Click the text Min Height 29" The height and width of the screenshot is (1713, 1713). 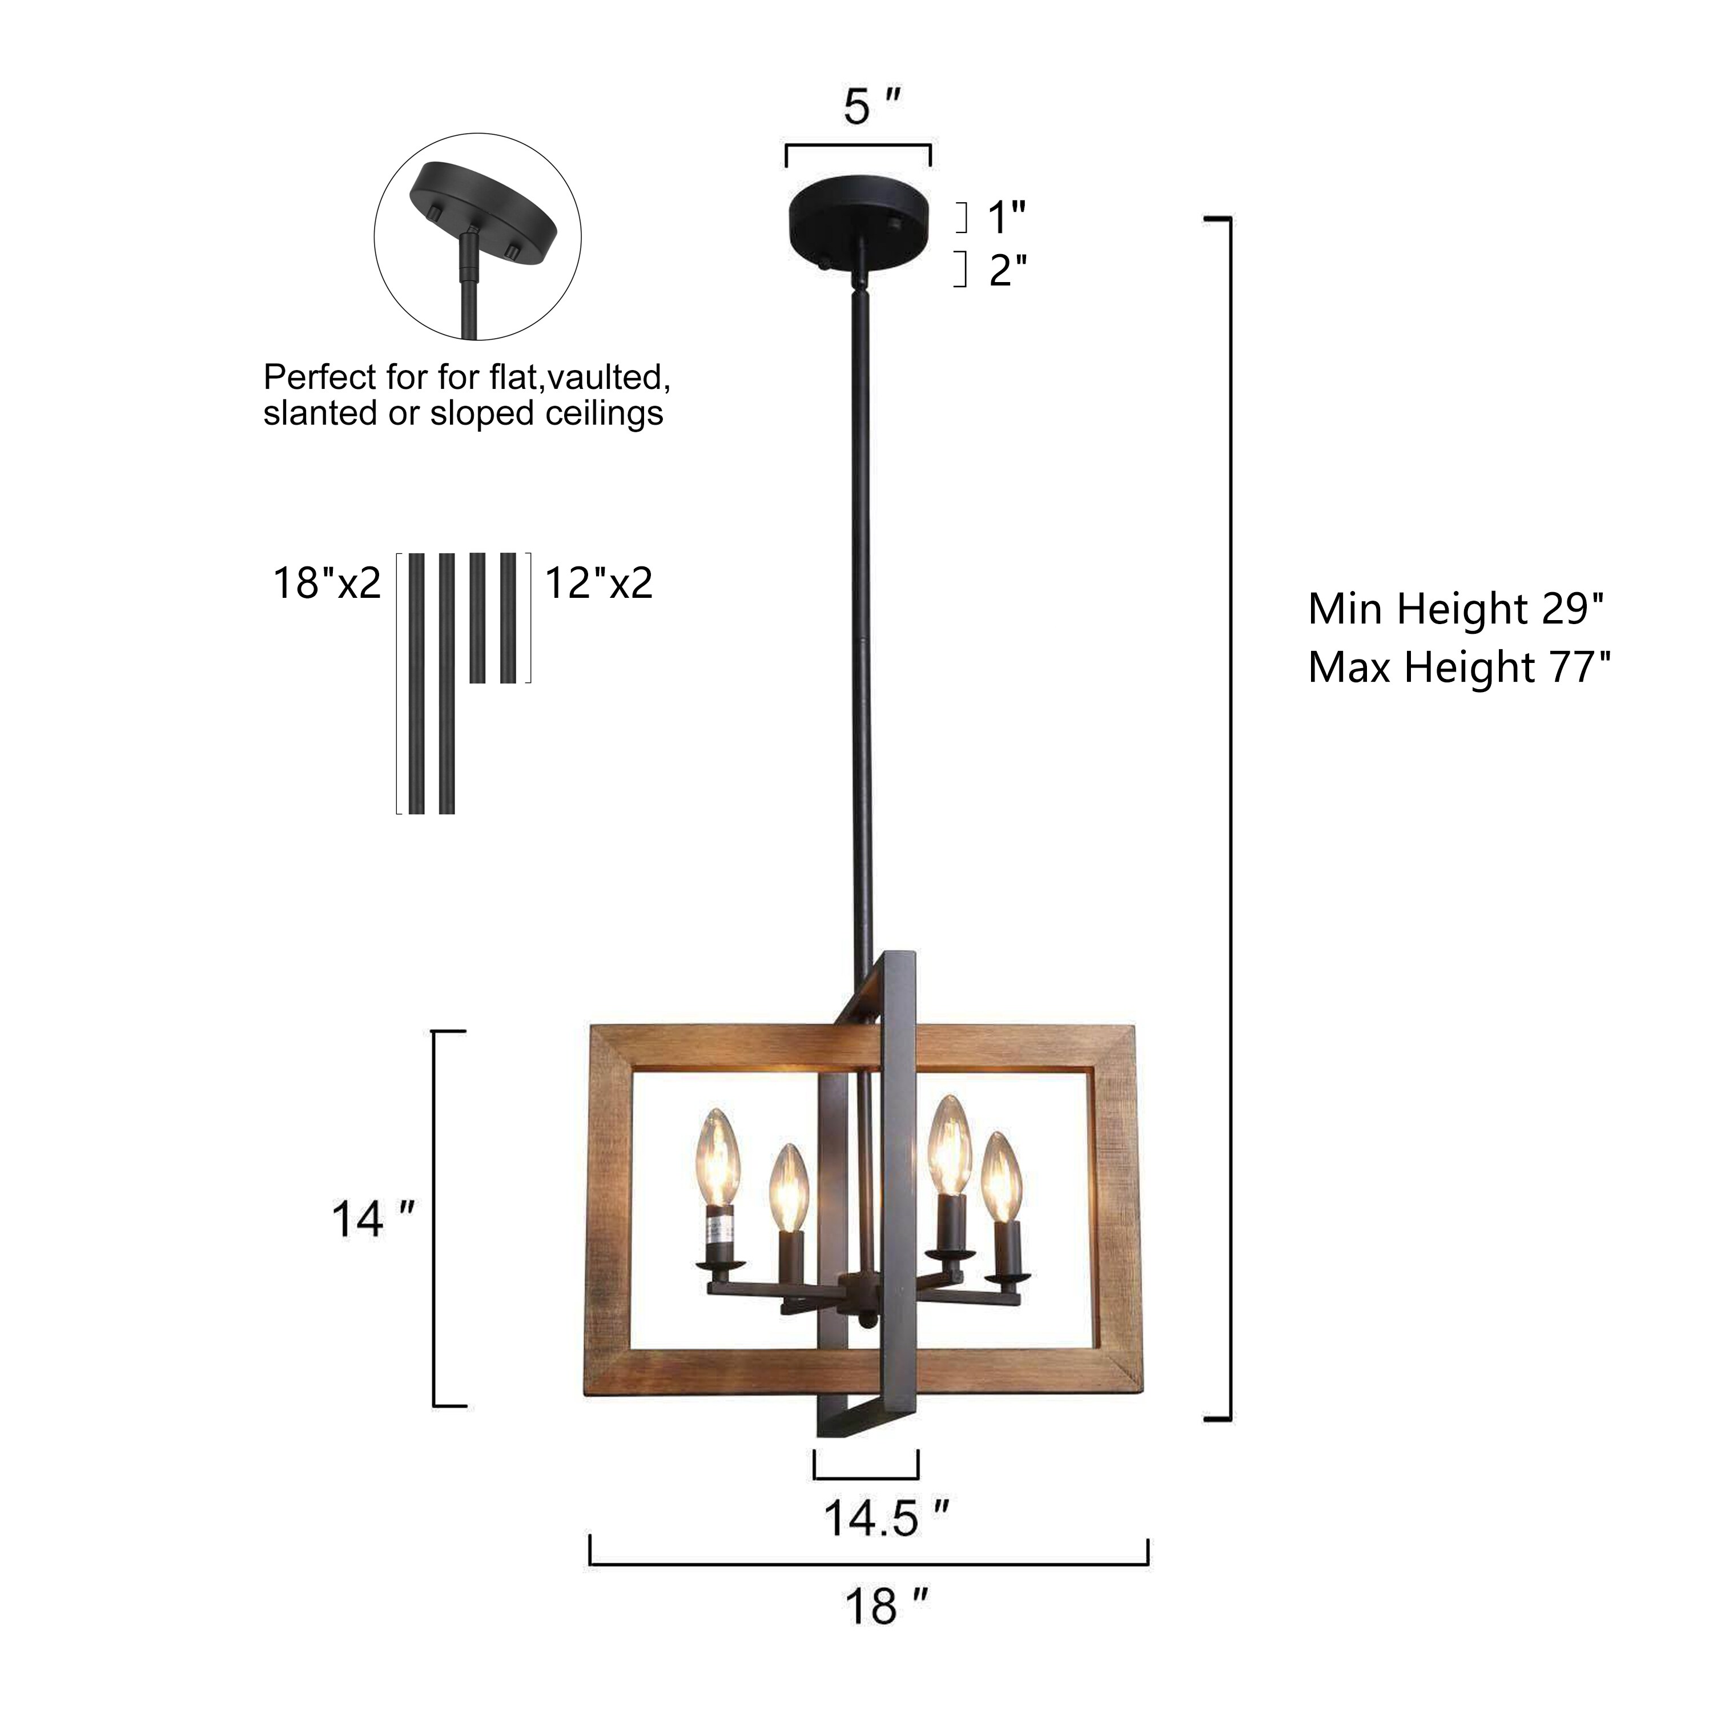tap(1457, 609)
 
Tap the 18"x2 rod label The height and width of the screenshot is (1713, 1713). tap(325, 584)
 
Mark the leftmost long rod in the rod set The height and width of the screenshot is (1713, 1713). tap(416, 683)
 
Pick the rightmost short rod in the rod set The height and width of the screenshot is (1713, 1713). tap(508, 618)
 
